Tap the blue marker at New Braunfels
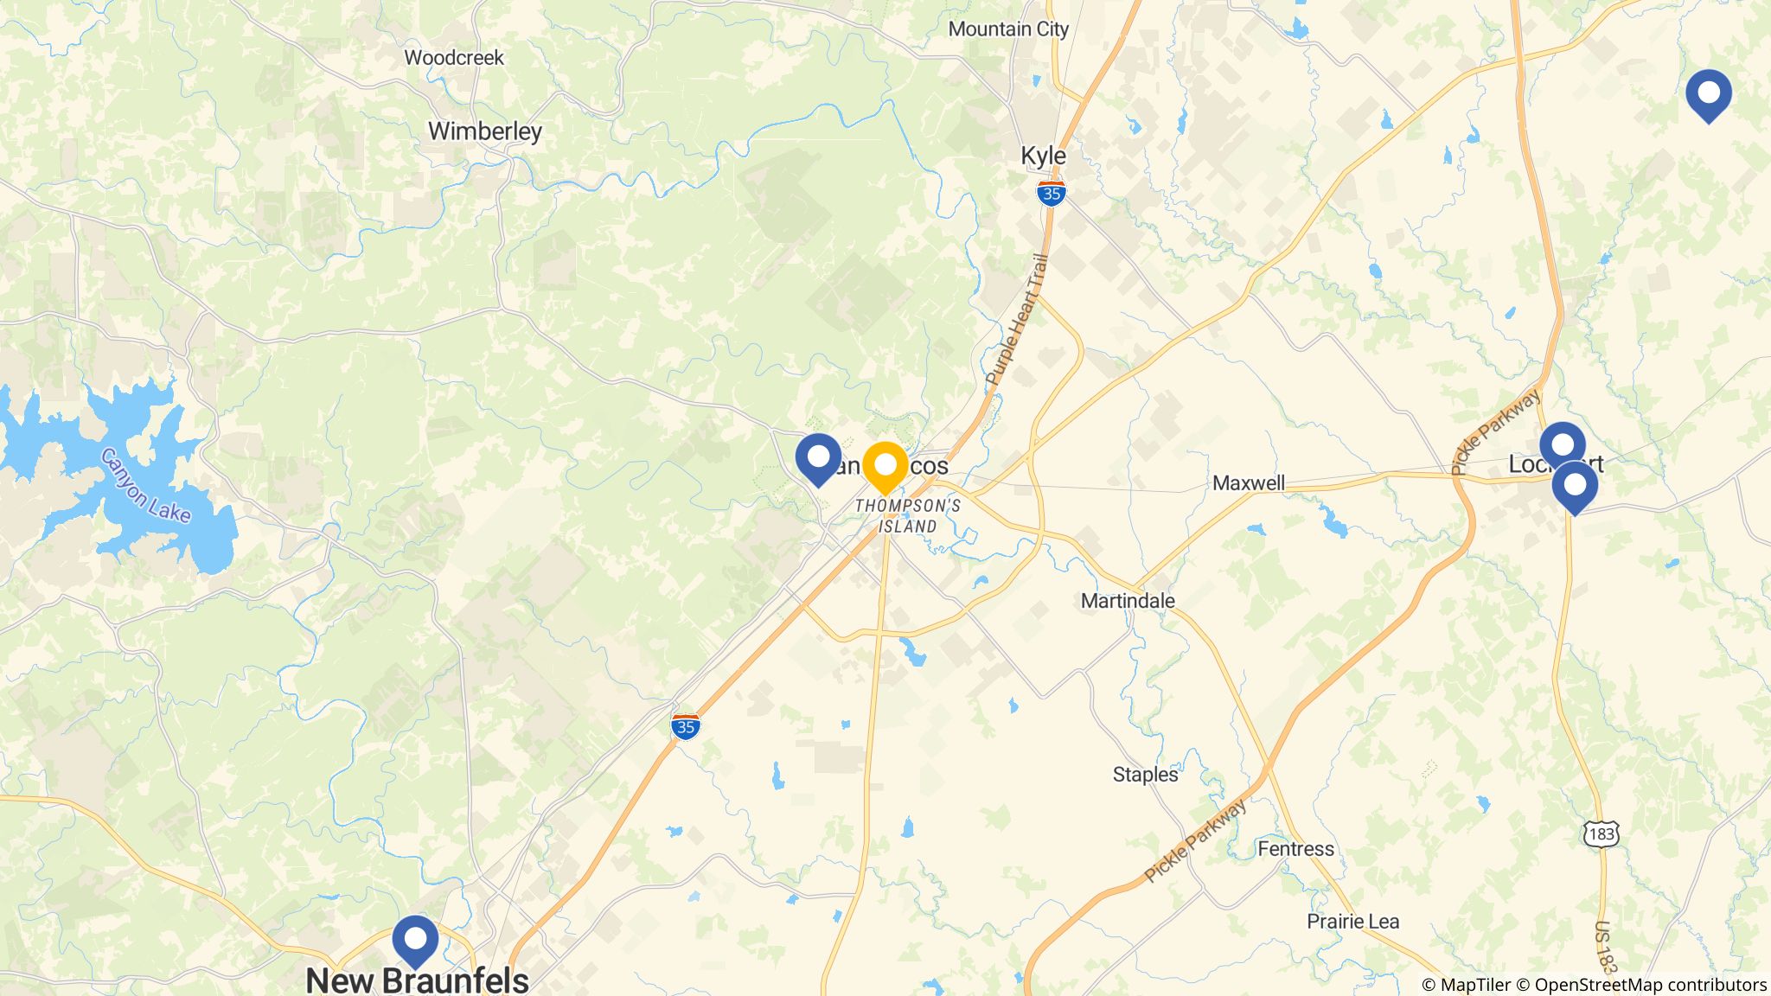pos(415,939)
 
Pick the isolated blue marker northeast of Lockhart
pos(1709,93)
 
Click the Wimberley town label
pos(485,131)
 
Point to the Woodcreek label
pos(454,58)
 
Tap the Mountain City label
pos(1008,29)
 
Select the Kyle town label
pos(1043,156)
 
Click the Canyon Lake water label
pos(145,485)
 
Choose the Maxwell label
pos(1249,483)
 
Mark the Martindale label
pos(1128,601)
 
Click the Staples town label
pos(1145,775)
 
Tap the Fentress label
pos(1295,849)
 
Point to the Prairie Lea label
pos(1352,922)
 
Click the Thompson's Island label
pos(908,516)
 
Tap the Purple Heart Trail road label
pos(1017,320)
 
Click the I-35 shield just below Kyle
pos(1051,194)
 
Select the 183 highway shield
pos(1601,834)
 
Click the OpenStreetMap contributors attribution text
pos(1650,985)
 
